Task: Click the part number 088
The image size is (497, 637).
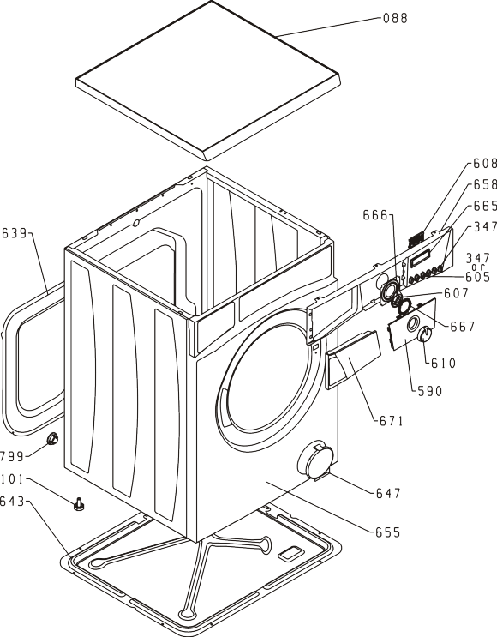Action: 395,18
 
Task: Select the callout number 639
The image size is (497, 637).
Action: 15,233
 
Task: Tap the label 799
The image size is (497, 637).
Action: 12,457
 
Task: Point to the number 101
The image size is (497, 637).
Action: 13,479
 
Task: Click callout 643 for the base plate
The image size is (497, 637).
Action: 12,502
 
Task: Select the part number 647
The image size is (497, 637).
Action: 388,493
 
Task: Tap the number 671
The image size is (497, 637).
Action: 392,421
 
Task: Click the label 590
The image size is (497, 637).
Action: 430,391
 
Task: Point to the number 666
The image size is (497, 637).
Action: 375,215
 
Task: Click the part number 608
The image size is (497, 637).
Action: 485,163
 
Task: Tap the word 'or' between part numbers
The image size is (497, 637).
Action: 479,267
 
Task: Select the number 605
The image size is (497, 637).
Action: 478,277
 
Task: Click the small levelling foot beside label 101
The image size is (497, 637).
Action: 79,504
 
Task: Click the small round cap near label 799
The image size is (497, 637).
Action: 52,439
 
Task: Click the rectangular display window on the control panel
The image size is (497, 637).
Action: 420,258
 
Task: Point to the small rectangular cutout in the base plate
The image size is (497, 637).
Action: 290,553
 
